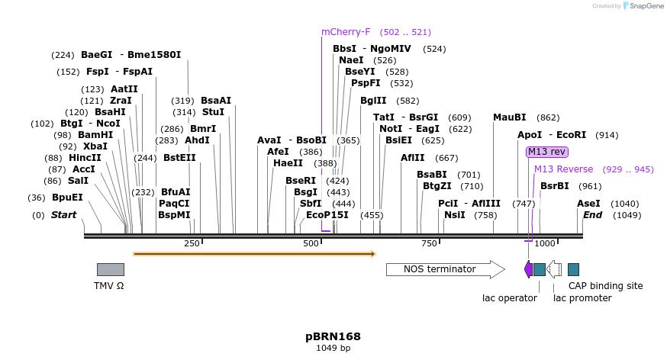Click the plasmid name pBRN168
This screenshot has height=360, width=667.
pos(333,336)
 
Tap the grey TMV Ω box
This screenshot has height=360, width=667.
pos(110,269)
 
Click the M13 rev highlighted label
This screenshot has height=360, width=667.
pos(547,152)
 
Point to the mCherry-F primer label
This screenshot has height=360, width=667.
pos(346,32)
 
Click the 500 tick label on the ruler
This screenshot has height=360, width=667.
pos(311,243)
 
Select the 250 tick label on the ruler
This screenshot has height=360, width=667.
pos(192,243)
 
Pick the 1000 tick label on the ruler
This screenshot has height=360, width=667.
pos(544,243)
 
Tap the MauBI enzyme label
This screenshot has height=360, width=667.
pos(509,117)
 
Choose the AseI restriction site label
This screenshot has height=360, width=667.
pos(588,204)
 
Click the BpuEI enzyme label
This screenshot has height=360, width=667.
pos(67,197)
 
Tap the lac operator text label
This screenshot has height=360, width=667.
pos(510,298)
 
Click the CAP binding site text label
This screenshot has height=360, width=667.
pos(605,286)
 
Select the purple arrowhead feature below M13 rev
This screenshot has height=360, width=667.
pos(528,269)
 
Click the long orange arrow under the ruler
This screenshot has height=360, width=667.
pos(254,254)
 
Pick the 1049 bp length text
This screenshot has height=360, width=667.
pos(333,349)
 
